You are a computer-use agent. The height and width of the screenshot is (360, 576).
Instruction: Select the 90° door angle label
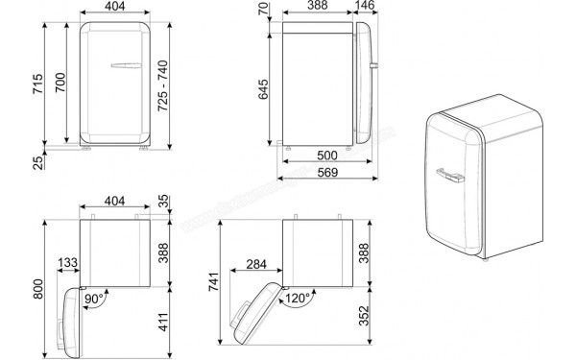coord(94,299)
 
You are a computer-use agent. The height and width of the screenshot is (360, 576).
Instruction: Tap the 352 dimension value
coord(363,316)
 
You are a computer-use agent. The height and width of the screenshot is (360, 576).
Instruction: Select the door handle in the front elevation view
coord(125,66)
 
